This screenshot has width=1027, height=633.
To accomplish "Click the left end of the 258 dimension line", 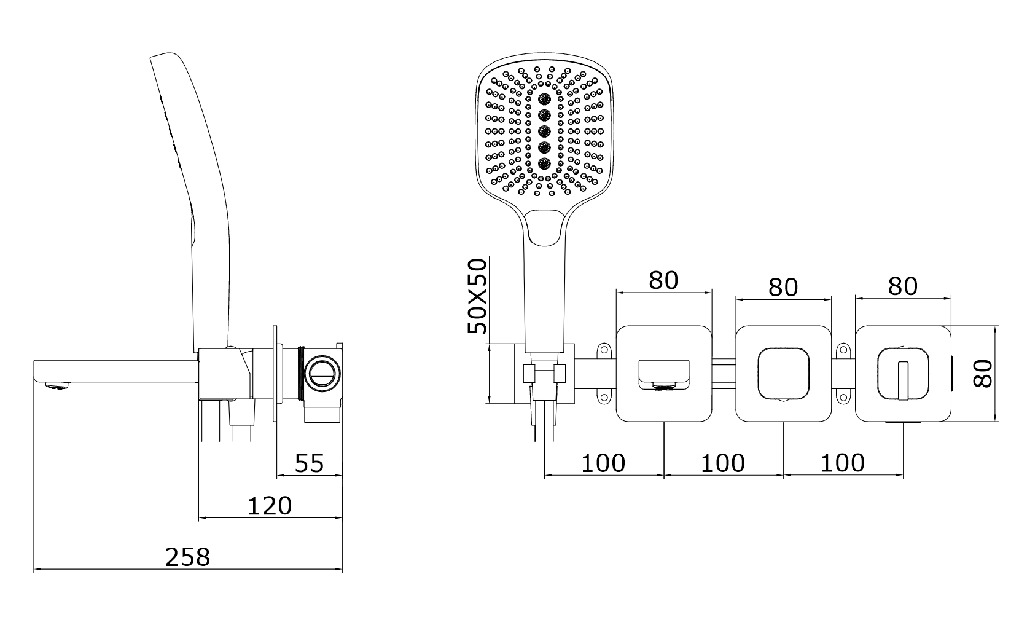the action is pyautogui.click(x=34, y=569).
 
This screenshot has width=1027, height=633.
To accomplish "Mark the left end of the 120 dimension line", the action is pyautogui.click(x=199, y=518).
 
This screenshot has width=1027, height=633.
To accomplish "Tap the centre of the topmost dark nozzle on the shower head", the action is pyautogui.click(x=544, y=98).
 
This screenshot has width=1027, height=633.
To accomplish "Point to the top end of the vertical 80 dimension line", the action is pyautogui.click(x=995, y=326).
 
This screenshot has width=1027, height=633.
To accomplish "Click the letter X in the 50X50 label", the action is pyautogui.click(x=477, y=296).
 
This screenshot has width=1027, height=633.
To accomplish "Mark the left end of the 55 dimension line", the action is pyautogui.click(x=278, y=476).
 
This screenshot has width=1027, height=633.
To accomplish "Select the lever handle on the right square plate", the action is pyautogui.click(x=903, y=380).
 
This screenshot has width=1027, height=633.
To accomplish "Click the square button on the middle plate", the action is pyautogui.click(x=783, y=374).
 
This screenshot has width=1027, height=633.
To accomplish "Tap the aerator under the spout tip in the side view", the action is pyautogui.click(x=58, y=386).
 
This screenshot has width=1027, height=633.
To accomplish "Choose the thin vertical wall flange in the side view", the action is pyautogui.click(x=275, y=374).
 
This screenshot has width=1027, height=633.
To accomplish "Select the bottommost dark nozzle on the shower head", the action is pyautogui.click(x=544, y=163).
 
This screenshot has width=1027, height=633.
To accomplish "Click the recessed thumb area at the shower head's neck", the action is pyautogui.click(x=544, y=228).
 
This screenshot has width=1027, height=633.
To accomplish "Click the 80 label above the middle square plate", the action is pyautogui.click(x=783, y=288).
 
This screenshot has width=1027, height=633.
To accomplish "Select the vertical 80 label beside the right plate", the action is pyautogui.click(x=983, y=374).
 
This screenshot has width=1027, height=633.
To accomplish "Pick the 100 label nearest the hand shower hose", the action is pyautogui.click(x=603, y=463).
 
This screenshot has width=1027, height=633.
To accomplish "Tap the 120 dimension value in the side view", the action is pyautogui.click(x=270, y=506).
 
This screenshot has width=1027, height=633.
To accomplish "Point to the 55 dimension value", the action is pyautogui.click(x=310, y=463).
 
